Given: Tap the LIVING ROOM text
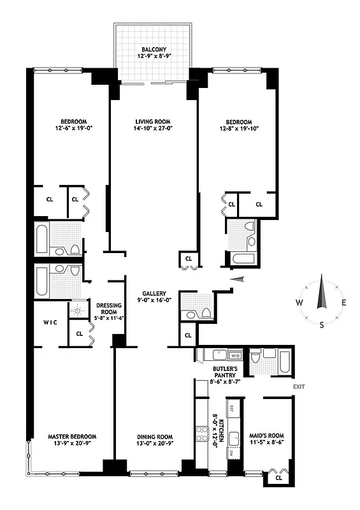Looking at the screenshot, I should click(x=154, y=121).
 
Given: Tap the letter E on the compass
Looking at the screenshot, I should click(x=344, y=303).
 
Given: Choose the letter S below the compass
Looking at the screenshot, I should click(x=322, y=325).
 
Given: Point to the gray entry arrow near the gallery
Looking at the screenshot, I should click(x=237, y=278).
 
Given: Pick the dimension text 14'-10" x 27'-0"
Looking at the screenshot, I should click(x=154, y=129).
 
